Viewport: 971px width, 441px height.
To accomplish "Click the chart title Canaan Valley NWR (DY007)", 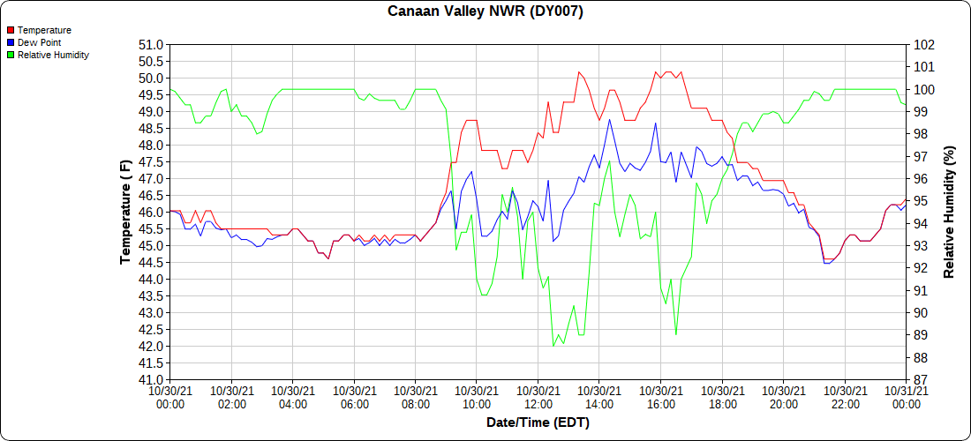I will click(485, 11).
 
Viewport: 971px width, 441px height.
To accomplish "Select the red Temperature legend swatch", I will click(11, 31).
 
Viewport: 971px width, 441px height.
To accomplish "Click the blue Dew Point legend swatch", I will click(11, 42).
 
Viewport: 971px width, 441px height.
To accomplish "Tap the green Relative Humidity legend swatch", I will click(11, 55).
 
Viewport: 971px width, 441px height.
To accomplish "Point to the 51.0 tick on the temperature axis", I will click(151, 44).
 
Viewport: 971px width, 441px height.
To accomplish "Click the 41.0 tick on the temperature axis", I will click(151, 379).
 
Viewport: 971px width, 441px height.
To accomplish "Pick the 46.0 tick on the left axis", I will click(151, 212).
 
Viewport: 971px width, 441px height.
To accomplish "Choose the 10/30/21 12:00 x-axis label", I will click(538, 397).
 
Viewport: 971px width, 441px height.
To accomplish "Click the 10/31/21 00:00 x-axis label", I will click(906, 397).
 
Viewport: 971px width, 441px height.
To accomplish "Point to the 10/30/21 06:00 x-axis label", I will click(354, 397).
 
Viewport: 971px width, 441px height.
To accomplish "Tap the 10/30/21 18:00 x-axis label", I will click(722, 397).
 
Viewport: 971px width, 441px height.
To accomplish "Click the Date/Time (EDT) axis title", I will click(538, 423).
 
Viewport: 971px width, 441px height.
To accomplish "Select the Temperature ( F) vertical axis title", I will click(126, 212).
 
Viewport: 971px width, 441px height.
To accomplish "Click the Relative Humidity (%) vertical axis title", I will click(951, 212).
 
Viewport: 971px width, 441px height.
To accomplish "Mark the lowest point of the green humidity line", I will click(553, 346).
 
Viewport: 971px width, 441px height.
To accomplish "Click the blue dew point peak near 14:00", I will click(609, 119).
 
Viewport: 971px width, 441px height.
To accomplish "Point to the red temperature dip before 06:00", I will click(328, 258).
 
